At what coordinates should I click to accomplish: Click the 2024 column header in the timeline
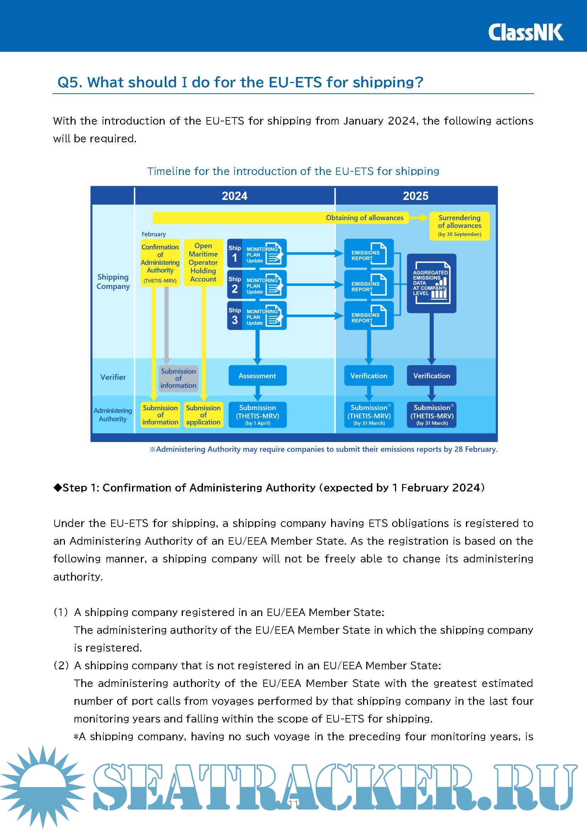click(234, 196)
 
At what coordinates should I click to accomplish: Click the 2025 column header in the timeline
click(415, 196)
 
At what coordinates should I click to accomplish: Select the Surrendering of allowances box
click(459, 226)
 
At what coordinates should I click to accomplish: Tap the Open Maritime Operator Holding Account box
click(203, 262)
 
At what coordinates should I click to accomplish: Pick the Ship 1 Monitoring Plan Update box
click(257, 253)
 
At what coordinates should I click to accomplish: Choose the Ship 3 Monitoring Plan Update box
click(257, 315)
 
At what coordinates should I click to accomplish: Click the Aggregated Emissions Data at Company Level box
click(431, 283)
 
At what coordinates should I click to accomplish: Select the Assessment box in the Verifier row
click(257, 375)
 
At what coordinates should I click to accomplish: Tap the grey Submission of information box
click(178, 378)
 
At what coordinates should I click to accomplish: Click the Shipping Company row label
click(113, 282)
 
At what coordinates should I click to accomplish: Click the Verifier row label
click(113, 377)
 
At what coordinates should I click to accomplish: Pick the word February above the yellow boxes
click(153, 234)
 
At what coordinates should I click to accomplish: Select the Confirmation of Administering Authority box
click(160, 263)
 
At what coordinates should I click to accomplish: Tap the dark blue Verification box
click(431, 375)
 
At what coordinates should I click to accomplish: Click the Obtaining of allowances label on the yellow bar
click(364, 218)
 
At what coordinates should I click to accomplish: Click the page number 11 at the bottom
click(293, 804)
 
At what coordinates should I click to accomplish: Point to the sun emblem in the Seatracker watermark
click(43, 786)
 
